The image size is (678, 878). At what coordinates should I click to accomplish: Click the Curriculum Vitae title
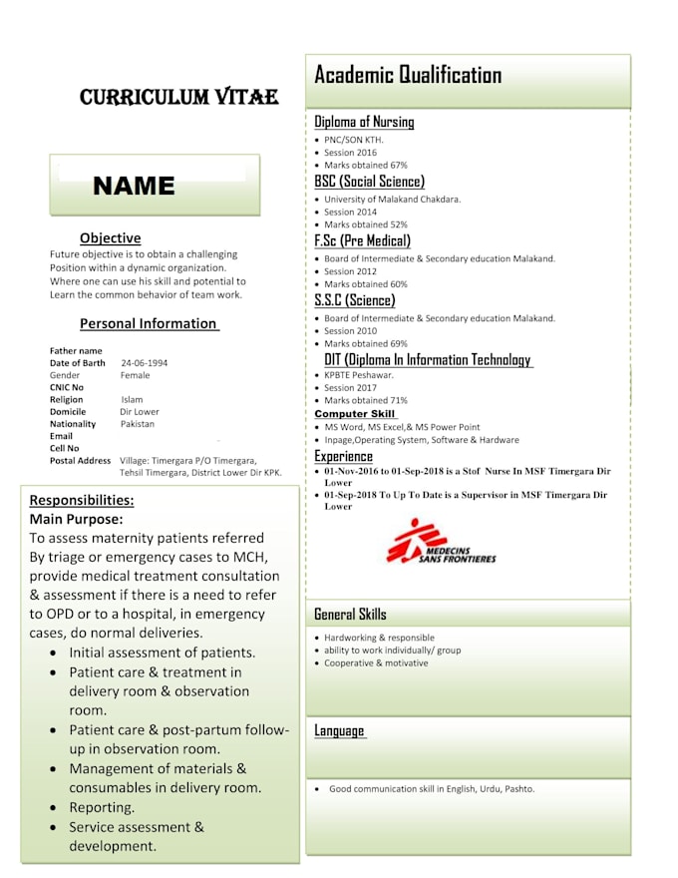point(178,97)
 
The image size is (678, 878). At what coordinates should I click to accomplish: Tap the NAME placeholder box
point(155,186)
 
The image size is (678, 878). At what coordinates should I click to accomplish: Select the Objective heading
point(110,238)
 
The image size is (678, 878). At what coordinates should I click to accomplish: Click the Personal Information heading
point(149,323)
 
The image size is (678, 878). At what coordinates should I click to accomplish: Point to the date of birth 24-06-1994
point(144,363)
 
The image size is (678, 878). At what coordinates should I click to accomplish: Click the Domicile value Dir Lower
point(140,411)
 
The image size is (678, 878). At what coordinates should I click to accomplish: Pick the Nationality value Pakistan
point(138,423)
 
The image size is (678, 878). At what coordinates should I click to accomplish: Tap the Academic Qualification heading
point(408,75)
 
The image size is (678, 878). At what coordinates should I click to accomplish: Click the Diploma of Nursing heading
point(364,122)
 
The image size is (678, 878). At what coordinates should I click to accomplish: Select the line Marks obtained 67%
point(365,165)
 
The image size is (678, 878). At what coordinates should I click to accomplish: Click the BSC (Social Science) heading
point(369,182)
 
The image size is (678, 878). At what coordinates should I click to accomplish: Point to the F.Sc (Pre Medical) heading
point(362,240)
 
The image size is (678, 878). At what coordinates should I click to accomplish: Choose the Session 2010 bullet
point(350,330)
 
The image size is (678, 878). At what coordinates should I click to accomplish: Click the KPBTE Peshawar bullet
point(358,375)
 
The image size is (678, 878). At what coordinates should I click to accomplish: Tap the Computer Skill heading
point(355,413)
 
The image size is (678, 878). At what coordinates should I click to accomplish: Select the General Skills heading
point(350,614)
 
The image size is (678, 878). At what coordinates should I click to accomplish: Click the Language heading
point(339,730)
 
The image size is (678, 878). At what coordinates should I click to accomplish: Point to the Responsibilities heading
point(82,500)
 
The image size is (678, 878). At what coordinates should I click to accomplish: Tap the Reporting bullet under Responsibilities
point(102,807)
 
